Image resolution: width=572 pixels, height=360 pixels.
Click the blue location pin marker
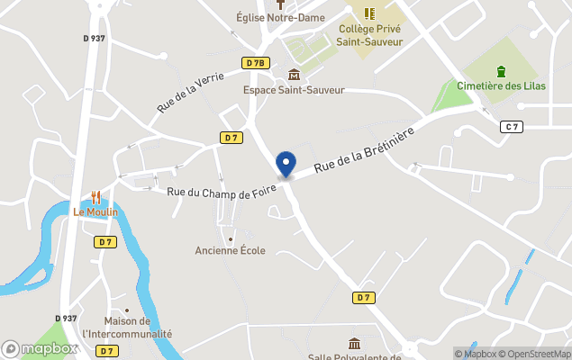[x=286, y=164]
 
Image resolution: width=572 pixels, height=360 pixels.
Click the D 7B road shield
[x=255, y=63]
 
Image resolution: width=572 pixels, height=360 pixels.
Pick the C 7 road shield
[x=512, y=127]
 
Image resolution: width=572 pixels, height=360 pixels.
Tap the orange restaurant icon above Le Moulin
[x=95, y=197]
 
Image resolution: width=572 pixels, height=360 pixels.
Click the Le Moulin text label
[x=95, y=212]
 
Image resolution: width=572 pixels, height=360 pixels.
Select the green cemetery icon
[x=502, y=71]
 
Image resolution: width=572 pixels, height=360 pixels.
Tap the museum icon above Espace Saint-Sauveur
[x=294, y=75]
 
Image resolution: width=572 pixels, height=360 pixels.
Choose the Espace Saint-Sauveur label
[x=294, y=90]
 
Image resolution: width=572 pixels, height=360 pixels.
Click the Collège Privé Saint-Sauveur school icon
[x=369, y=13]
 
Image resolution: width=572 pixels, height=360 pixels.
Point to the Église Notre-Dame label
[x=280, y=16]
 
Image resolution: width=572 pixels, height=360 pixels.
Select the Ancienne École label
[x=231, y=250]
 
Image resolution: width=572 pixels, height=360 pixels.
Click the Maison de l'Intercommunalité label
[x=126, y=328]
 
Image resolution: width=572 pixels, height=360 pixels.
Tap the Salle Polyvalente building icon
[x=354, y=343]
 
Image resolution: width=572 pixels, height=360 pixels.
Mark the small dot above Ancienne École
[x=231, y=238]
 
